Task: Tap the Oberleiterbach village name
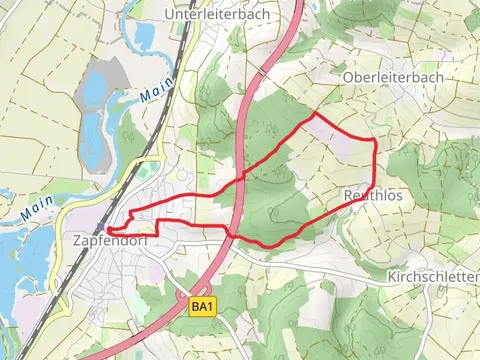click(392, 77)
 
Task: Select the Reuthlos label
click(373, 196)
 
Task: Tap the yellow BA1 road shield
click(203, 306)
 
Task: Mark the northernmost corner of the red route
click(316, 114)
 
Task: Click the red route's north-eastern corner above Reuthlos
click(374, 140)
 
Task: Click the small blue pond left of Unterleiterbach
click(145, 35)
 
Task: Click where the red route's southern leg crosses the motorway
click(230, 234)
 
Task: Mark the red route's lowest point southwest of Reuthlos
click(266, 245)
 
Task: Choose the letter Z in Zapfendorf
click(78, 241)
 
